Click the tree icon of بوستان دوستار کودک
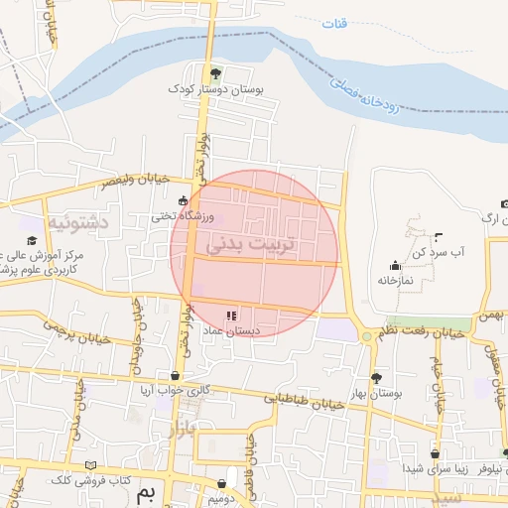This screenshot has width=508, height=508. click(217, 72)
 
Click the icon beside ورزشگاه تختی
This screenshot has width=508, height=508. click(182, 201)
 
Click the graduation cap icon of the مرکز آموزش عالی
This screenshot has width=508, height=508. click(31, 240)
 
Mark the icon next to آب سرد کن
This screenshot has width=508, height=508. click(439, 236)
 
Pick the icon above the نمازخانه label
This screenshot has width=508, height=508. click(396, 265)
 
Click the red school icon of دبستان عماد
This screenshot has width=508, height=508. click(231, 316)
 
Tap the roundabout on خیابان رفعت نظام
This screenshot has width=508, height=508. click(367, 337)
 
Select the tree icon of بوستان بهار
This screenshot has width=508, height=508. click(376, 377)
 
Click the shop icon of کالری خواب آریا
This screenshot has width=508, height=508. click(177, 376)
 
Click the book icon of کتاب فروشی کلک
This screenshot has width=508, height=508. click(91, 464)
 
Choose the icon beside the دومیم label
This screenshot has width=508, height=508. click(222, 484)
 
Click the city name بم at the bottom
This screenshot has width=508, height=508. click(148, 493)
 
